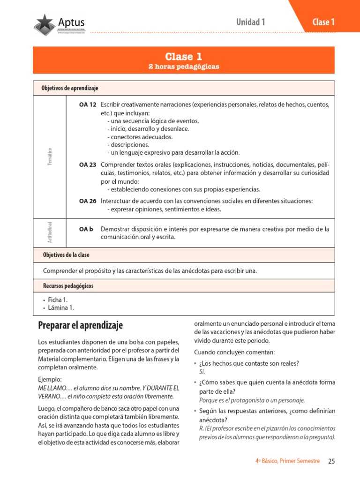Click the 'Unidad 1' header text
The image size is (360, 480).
pos(251,22)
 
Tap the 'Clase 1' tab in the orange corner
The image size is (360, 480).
pos(323,22)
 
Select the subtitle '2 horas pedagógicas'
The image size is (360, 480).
pos(184,67)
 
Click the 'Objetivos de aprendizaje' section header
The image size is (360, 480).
pos(70,88)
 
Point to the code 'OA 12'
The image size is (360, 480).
pos(88,104)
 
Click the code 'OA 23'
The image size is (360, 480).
pos(88,165)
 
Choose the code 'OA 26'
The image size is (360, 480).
pos(88,201)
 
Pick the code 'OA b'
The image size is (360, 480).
pos(86,229)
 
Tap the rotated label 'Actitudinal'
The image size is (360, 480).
pos(50,232)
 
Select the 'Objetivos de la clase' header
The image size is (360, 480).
pos(66,255)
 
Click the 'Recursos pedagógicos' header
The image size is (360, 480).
pos(68,285)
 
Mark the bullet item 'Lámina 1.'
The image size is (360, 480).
pos(61,308)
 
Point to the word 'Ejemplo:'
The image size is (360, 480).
pos(50,379)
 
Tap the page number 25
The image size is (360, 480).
pos(331,461)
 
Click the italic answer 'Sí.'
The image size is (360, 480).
pos(202,371)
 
